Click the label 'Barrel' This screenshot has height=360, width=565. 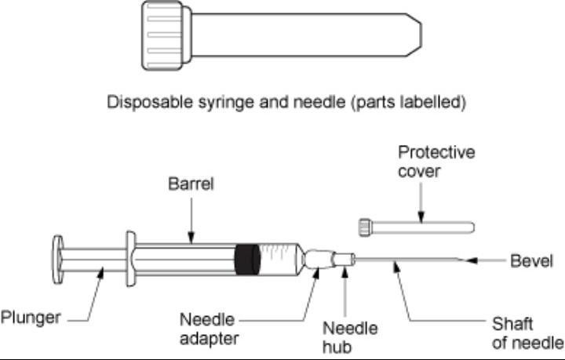pos(191,185)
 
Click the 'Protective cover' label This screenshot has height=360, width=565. pos(436,162)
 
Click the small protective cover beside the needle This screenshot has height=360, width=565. pos(416,227)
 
